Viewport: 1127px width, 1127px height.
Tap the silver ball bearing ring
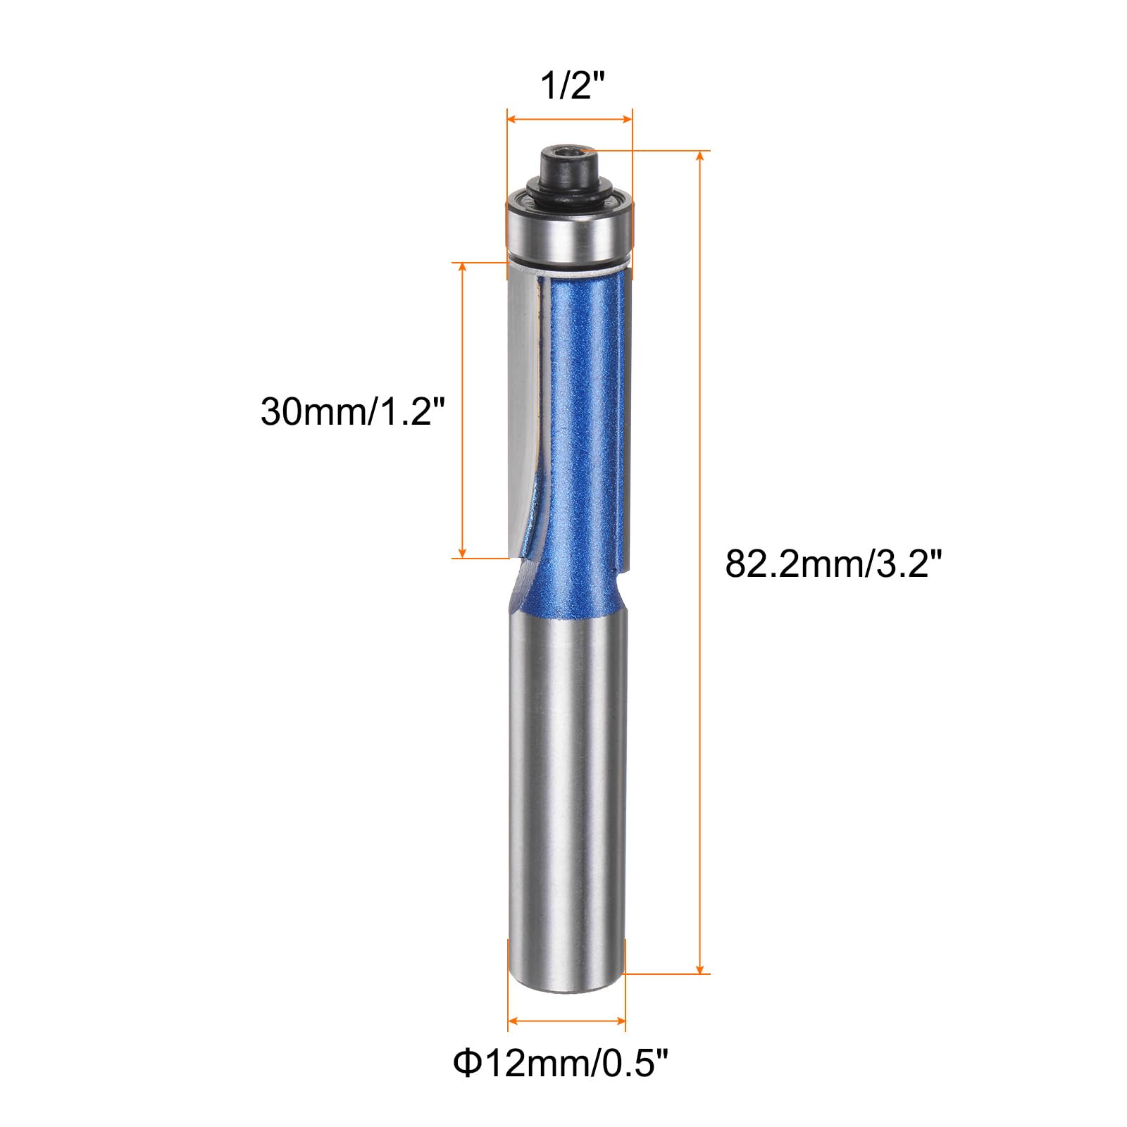569,232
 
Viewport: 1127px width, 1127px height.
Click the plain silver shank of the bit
567,796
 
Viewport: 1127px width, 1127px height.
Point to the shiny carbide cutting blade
522,409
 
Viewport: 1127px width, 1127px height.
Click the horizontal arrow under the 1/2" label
569,120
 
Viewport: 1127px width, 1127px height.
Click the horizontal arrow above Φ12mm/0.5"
566,1021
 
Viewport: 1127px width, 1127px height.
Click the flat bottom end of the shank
566,989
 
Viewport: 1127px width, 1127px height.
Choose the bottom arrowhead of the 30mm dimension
462,553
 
